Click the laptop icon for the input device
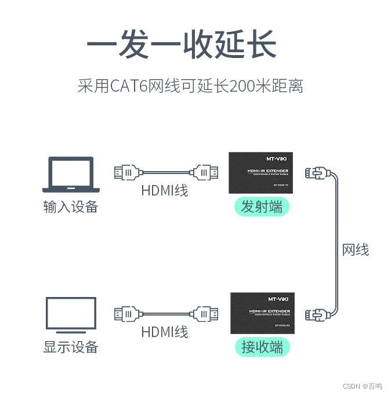[71, 174]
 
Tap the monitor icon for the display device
[71, 316]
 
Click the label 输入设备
[71, 206]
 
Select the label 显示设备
[71, 347]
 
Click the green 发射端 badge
[262, 206]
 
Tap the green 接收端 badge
[262, 347]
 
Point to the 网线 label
[356, 250]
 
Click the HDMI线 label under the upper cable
[165, 190]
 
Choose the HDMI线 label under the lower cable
[165, 332]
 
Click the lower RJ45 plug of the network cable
[317, 314]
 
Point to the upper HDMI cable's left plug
[127, 172]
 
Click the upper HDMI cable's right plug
[205, 172]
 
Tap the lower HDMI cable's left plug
[127, 314]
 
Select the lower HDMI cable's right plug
[205, 314]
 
